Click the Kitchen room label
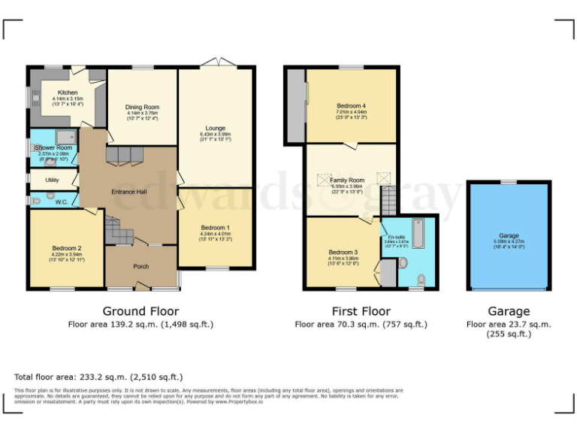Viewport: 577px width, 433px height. pos(68,93)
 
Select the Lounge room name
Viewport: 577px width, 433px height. pos(216,129)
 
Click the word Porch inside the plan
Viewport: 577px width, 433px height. pos(140,266)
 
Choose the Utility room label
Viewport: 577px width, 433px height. pos(52,180)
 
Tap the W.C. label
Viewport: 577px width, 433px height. pos(62,201)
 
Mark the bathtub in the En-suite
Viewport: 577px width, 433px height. pos(418,234)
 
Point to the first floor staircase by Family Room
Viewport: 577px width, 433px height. pos(387,201)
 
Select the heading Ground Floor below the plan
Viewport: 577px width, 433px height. pos(140,310)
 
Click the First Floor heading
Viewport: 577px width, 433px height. pos(361,310)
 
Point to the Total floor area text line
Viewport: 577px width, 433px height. pos(98,377)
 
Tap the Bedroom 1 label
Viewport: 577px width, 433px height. pos(215,228)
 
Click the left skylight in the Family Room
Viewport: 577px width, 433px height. pos(325,179)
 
